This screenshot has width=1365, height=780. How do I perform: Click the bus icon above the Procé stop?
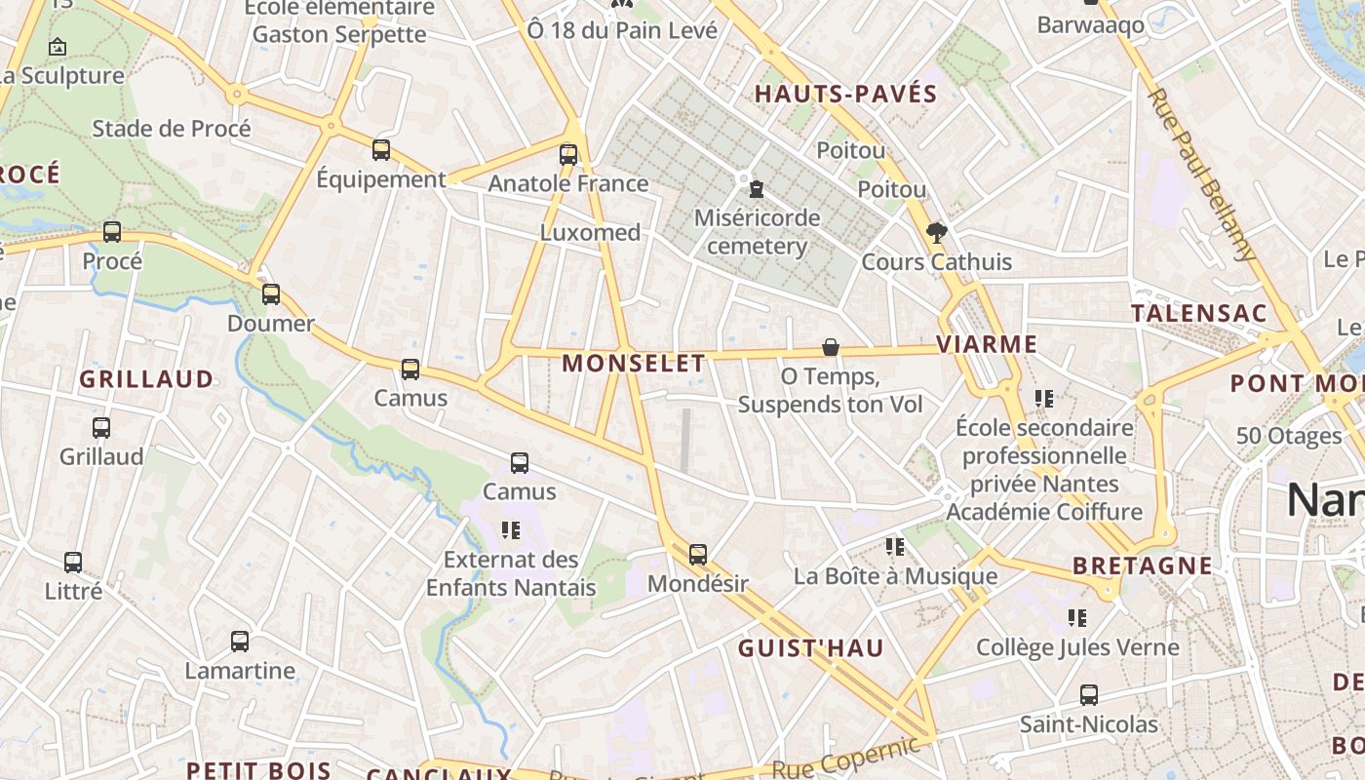coord(112,232)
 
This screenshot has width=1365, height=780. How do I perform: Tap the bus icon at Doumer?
coord(271,293)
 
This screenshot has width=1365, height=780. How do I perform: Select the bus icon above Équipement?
coord(381,150)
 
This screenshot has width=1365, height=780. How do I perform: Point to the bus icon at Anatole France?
coord(568,154)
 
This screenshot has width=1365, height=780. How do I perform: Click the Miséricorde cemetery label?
coord(757,231)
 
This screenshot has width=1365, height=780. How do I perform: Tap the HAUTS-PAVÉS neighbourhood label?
coord(846,95)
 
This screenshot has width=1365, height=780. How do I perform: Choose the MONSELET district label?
coord(634,364)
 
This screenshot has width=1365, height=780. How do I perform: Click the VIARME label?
coord(987,344)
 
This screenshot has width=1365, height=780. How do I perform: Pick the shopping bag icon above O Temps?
coord(831,347)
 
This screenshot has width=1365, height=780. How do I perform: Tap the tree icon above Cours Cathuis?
coord(937,232)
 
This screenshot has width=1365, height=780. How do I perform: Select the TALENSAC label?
coord(1199,314)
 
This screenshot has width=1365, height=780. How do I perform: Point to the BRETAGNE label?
coord(1143,565)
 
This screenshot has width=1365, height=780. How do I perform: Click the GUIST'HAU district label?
coord(811,648)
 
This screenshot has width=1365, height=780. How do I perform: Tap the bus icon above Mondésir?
coord(698,555)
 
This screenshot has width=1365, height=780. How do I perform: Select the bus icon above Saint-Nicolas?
coord(1089,695)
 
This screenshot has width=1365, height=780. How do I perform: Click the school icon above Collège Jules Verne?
coord(1077,617)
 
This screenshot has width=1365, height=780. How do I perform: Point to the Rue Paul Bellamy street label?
coord(1201,175)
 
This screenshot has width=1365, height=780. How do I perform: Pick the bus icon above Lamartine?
coord(240,642)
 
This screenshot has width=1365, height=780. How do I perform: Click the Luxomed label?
coord(590,233)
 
